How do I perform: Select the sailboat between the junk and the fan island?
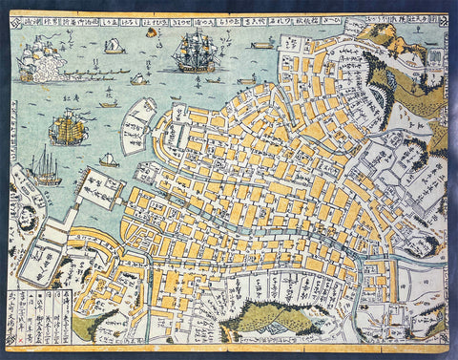tap(109, 160)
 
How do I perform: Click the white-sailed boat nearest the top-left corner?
tap(114, 46)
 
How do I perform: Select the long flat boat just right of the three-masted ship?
tap(260, 44)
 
